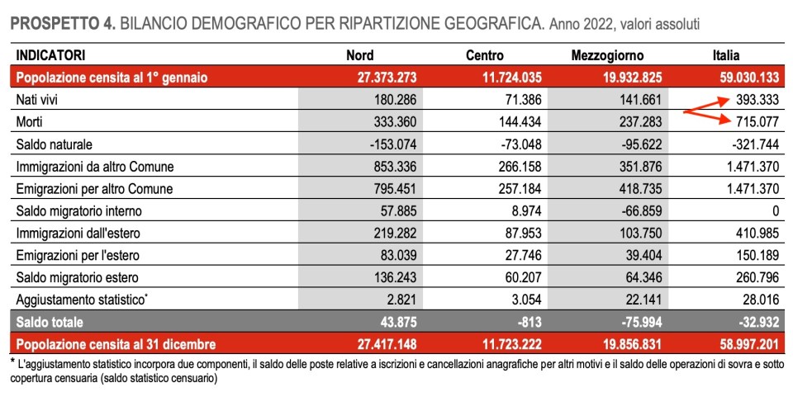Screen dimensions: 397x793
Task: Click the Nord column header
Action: coord(359,55)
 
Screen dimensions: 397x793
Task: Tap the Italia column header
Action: coord(731,55)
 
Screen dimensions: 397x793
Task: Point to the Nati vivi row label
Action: coord(39,100)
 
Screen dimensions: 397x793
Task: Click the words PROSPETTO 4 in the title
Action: coord(63,25)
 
